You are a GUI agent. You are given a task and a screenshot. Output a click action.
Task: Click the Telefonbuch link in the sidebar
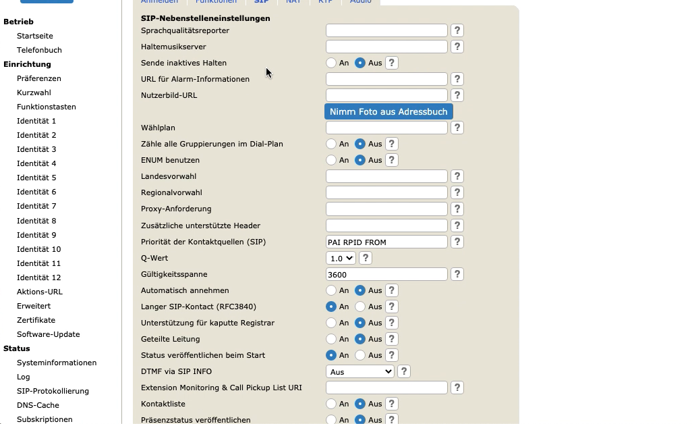pyautogui.click(x=39, y=50)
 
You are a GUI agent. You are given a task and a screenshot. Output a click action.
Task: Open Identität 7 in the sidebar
pyautogui.click(x=36, y=206)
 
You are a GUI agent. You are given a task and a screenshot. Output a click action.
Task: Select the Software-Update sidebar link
pyautogui.click(x=48, y=334)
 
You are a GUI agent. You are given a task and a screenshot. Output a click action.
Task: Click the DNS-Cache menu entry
pyautogui.click(x=38, y=405)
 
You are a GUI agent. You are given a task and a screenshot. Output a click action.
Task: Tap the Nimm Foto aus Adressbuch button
pyautogui.click(x=388, y=111)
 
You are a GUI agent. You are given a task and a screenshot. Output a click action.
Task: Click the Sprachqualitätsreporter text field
pyautogui.click(x=386, y=30)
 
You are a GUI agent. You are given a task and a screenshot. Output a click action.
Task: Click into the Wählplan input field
pyautogui.click(x=386, y=128)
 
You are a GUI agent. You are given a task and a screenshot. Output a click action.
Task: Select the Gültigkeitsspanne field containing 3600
pyautogui.click(x=386, y=274)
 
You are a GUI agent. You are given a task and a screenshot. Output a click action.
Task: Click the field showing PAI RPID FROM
pyautogui.click(x=386, y=242)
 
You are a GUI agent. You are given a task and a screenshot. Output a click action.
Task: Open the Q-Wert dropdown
pyautogui.click(x=341, y=258)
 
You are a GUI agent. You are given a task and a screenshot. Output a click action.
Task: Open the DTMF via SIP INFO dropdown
pyautogui.click(x=360, y=371)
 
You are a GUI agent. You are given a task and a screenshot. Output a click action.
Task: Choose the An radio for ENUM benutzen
pyautogui.click(x=331, y=160)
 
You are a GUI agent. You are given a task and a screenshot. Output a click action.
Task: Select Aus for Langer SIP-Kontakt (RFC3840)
pyautogui.click(x=360, y=307)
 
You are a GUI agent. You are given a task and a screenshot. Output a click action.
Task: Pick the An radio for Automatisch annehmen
pyautogui.click(x=331, y=290)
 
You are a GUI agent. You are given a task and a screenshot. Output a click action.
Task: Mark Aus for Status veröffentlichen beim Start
pyautogui.click(x=360, y=355)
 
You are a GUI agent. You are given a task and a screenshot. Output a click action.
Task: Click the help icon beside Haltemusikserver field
pyautogui.click(x=457, y=47)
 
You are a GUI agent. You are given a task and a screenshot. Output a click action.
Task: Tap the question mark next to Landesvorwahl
pyautogui.click(x=457, y=176)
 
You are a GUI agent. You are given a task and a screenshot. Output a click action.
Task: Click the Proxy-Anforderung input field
pyautogui.click(x=386, y=209)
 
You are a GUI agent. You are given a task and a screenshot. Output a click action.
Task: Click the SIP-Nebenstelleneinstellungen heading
pyautogui.click(x=205, y=18)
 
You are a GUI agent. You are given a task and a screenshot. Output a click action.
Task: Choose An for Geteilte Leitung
pyautogui.click(x=331, y=339)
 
